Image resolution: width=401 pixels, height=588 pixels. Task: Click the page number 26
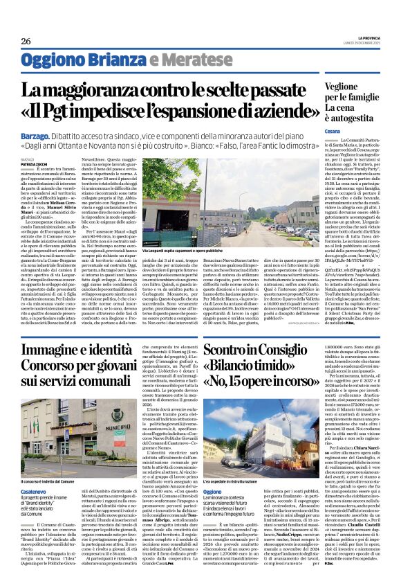[x=26, y=41]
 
